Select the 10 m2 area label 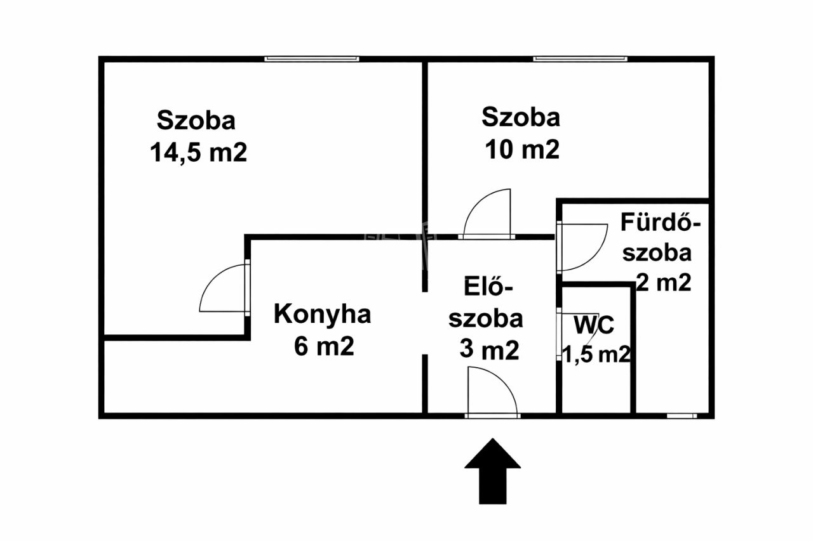click(521, 150)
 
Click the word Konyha click(322, 315)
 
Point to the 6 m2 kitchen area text click(323, 346)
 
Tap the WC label click(594, 325)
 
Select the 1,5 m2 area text click(596, 355)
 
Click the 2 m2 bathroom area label click(663, 283)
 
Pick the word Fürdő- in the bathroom click(661, 223)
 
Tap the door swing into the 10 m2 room click(488, 214)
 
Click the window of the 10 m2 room click(580, 59)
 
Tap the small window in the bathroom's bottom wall click(682, 416)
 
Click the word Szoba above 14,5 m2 click(196, 120)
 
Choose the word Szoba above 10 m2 click(521, 117)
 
